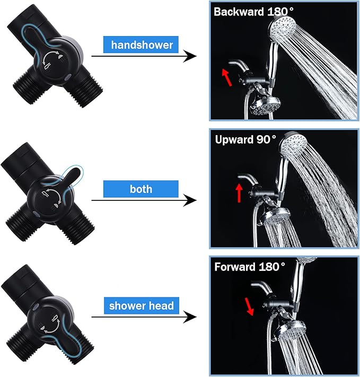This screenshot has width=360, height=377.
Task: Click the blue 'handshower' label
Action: coord(141,45)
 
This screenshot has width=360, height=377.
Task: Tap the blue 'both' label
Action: coord(141,189)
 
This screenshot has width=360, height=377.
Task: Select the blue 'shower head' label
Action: coord(142,305)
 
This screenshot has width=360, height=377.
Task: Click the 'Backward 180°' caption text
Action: coord(254,12)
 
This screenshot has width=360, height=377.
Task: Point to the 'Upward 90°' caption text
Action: coord(245,139)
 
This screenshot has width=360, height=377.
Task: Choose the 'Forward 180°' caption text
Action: coord(250,267)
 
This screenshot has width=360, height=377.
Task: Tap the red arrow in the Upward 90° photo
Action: coord(239,193)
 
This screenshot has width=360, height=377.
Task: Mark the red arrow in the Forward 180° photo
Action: coord(249,306)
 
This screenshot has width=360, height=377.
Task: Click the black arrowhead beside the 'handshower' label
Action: coord(190,56)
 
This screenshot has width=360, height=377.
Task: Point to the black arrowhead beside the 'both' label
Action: coord(190,200)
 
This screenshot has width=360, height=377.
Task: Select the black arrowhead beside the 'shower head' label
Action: coord(190,317)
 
